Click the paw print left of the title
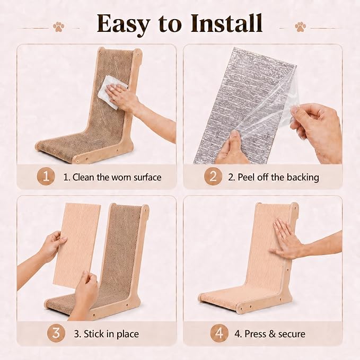58,27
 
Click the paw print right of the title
300,27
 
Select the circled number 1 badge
46,177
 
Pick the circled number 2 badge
213,177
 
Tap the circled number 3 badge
56,333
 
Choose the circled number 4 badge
219,333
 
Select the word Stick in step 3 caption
93,334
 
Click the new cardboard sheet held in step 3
77,244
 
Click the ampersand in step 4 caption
272,334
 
